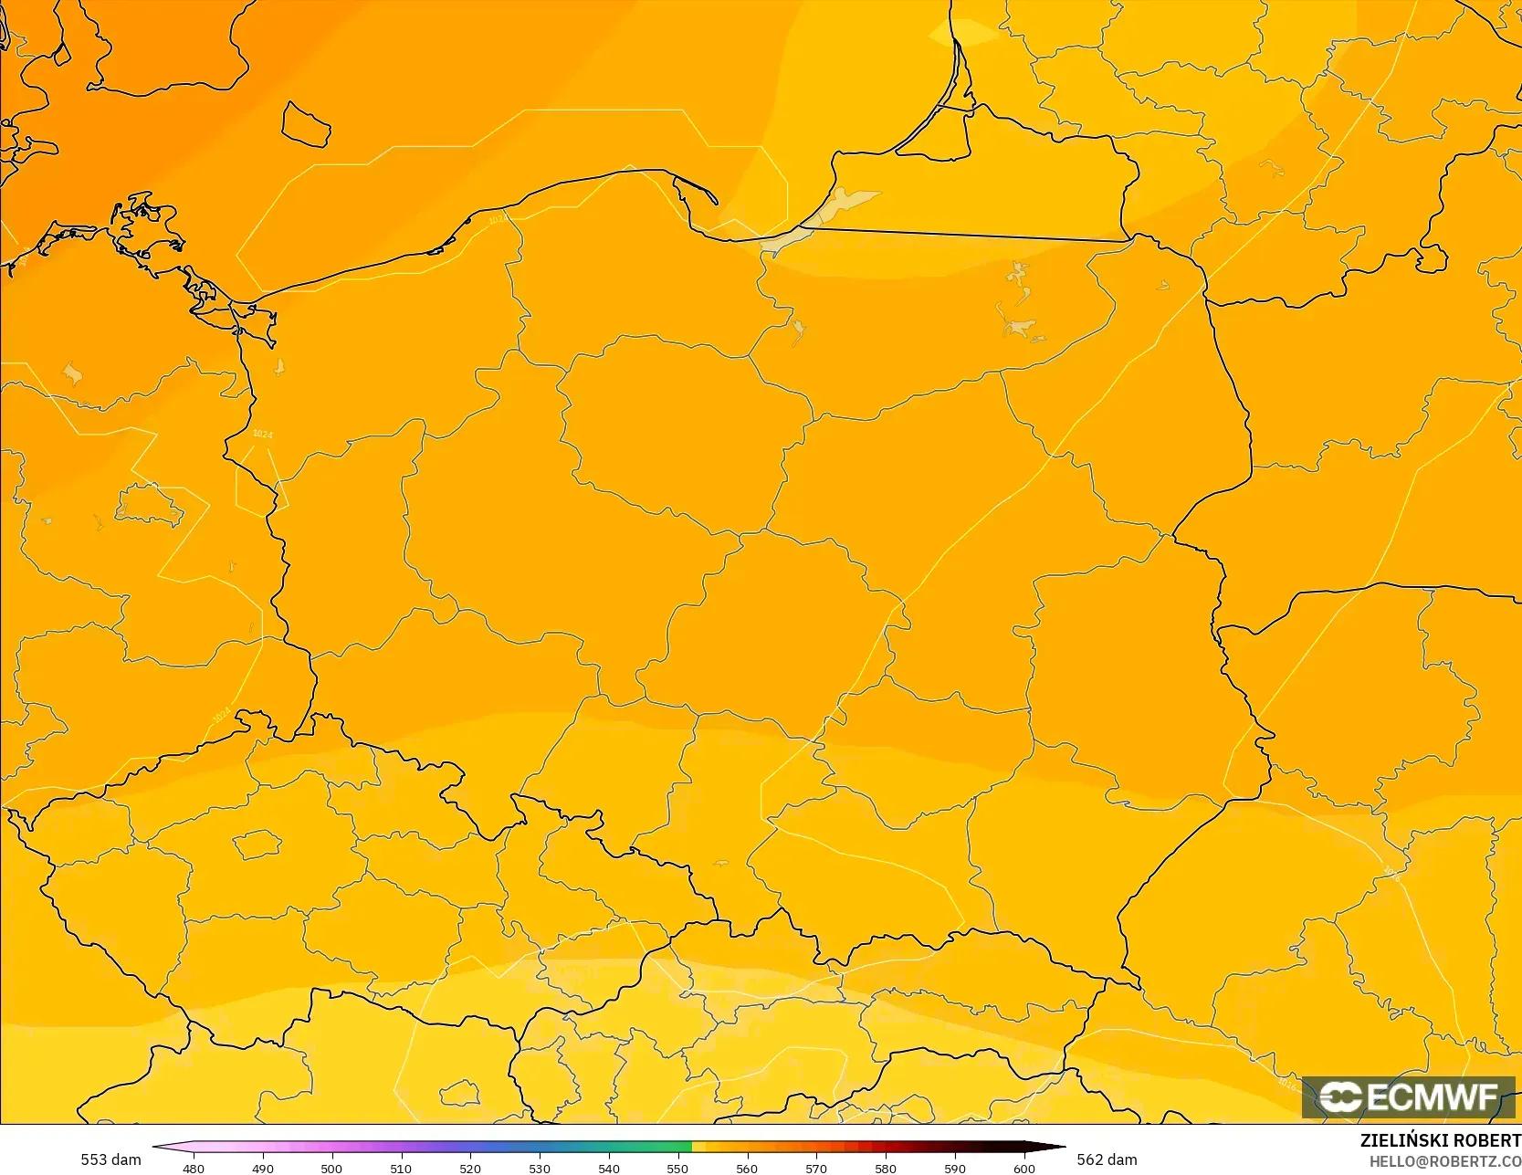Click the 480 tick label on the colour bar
click(x=194, y=1168)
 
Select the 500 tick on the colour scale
click(x=331, y=1168)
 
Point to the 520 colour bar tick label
click(x=470, y=1168)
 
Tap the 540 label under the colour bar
click(x=609, y=1168)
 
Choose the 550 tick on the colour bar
click(x=677, y=1168)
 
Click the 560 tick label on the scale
click(x=747, y=1168)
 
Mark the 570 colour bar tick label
click(x=816, y=1168)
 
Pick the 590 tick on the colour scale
click(x=955, y=1168)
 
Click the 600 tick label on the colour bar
click(x=1024, y=1168)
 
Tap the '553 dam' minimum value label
click(x=110, y=1159)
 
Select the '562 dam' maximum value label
click(x=1107, y=1159)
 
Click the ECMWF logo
click(x=1408, y=1097)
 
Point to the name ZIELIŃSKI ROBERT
click(x=1440, y=1140)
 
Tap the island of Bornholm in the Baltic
click(x=306, y=124)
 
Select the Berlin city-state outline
click(x=151, y=505)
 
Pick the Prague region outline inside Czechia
click(x=257, y=845)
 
